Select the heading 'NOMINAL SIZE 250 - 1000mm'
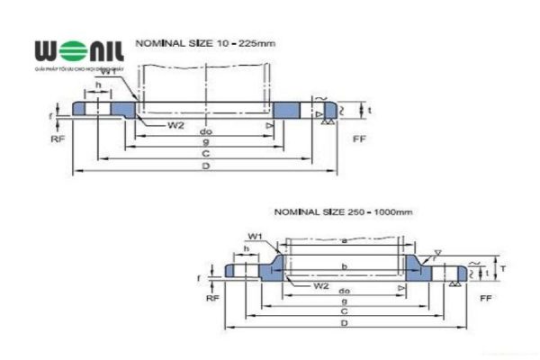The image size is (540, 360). pos(342,211)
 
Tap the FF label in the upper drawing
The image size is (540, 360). pos(358,139)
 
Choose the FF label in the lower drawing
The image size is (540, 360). pos(485,296)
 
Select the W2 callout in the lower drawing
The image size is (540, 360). pos(320,285)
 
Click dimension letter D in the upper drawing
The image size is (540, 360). pos(205,167)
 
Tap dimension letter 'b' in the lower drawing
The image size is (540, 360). pos(344,267)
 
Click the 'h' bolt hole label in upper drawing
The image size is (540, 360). pos(97,85)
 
